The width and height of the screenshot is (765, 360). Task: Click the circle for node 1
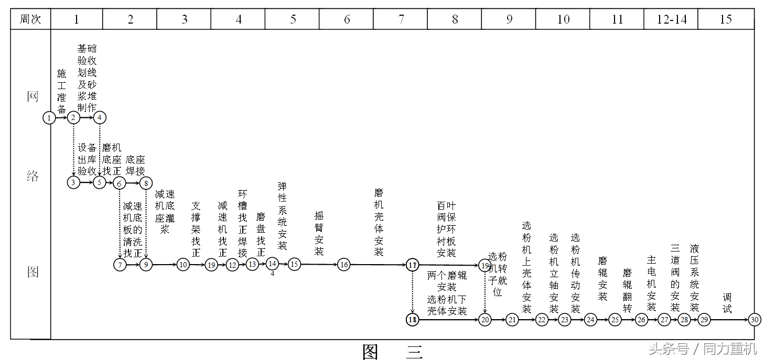click(49, 118)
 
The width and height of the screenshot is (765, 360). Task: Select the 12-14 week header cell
click(671, 19)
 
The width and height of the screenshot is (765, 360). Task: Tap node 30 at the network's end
click(754, 319)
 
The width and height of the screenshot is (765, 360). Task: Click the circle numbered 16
click(343, 265)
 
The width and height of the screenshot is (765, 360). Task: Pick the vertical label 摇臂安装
click(319, 233)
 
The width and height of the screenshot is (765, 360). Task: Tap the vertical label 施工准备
click(62, 91)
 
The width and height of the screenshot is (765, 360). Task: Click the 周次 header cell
click(30, 19)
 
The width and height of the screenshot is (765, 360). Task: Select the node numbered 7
click(120, 265)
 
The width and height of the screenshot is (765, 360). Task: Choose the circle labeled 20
click(484, 319)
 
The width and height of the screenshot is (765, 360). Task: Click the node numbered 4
click(100, 118)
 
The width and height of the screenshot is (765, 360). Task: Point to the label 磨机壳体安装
click(379, 223)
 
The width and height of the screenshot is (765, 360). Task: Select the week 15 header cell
click(726, 19)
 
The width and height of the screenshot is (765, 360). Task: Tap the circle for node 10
click(183, 265)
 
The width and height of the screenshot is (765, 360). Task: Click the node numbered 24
click(591, 319)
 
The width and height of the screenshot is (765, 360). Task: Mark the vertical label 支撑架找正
click(196, 229)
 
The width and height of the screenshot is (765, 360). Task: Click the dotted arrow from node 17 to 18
click(412, 292)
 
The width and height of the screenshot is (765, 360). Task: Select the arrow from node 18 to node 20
click(448, 319)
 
